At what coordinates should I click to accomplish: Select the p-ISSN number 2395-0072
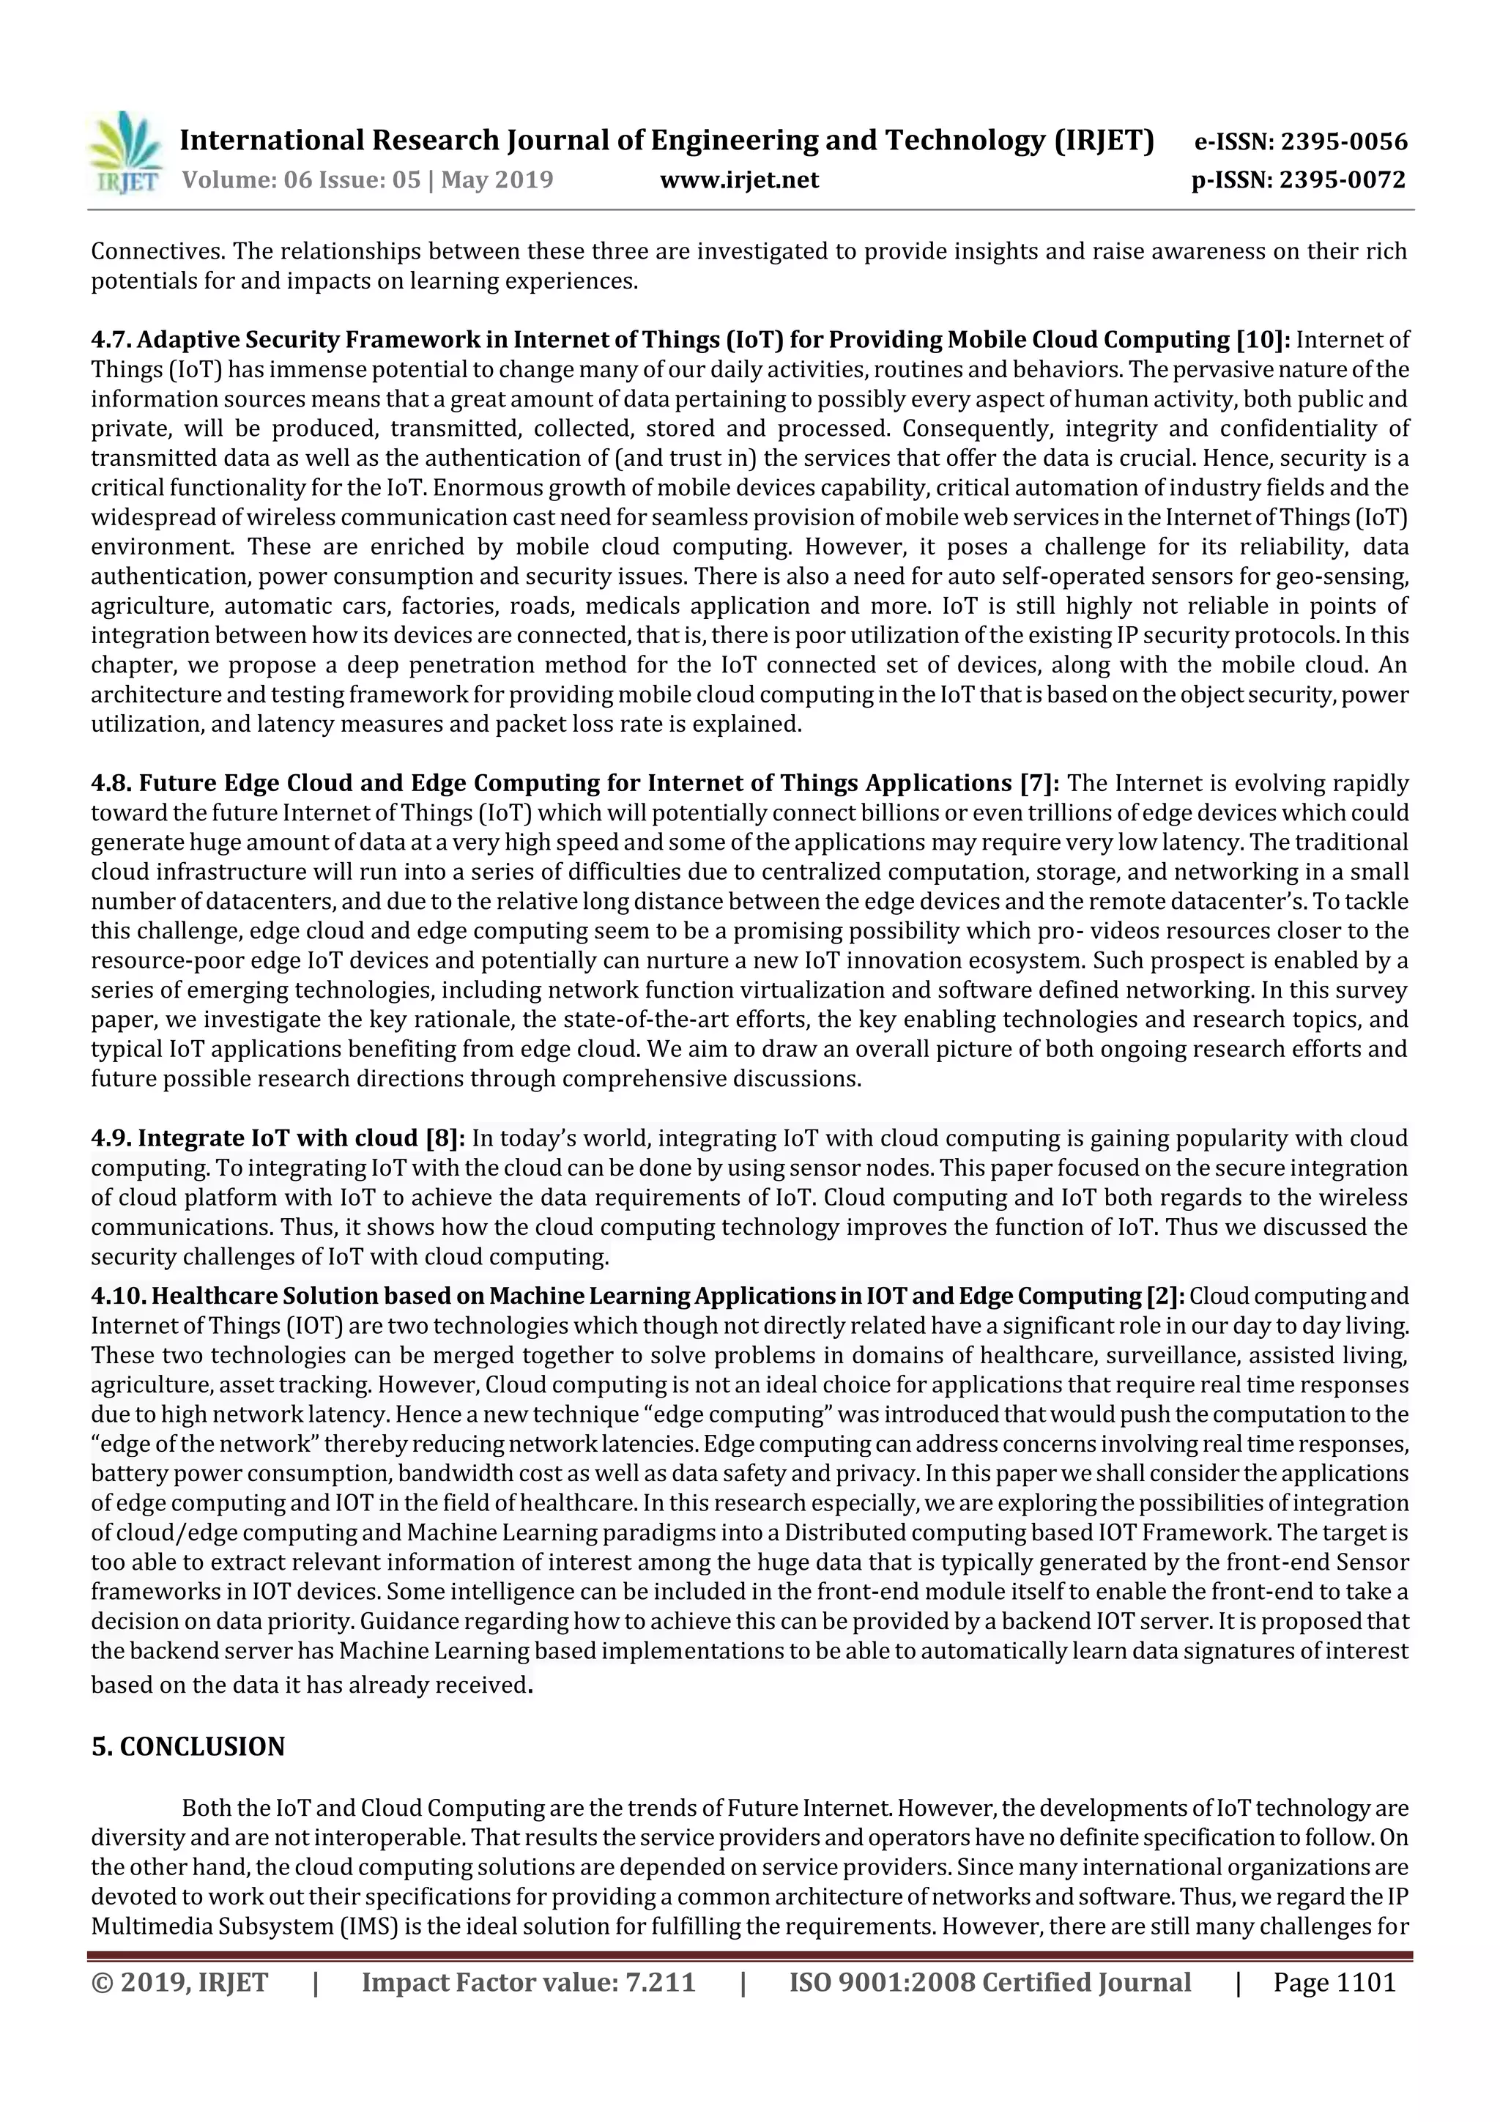[x=1342, y=179]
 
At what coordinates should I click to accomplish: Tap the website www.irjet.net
[x=738, y=179]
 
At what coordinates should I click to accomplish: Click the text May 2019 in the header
[x=497, y=179]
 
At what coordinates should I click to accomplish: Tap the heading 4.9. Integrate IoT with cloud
[x=254, y=1138]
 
